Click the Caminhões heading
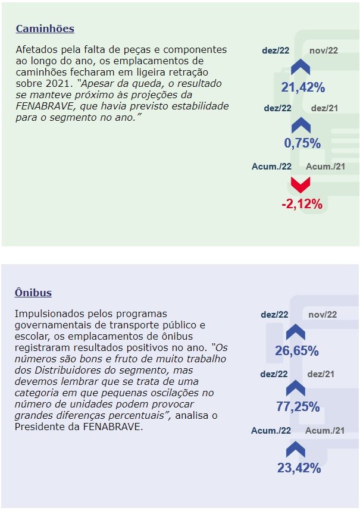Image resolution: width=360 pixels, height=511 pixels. (45, 29)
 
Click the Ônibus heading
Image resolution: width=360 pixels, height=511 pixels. (33, 293)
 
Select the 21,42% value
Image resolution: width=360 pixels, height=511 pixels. (303, 87)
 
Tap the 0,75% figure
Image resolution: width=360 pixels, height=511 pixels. (302, 143)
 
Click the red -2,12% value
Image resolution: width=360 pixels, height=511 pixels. (302, 205)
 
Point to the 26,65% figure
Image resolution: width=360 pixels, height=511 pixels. (296, 351)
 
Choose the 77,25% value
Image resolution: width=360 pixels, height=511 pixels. (298, 407)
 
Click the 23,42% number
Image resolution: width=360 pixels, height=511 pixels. (299, 468)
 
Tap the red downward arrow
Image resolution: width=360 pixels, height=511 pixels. (300, 184)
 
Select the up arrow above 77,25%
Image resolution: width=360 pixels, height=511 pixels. (296, 388)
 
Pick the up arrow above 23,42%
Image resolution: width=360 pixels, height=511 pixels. (296, 449)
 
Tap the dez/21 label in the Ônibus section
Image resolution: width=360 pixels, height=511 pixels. (321, 374)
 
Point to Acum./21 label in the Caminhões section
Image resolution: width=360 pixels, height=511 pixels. (325, 166)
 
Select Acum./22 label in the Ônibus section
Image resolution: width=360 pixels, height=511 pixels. (271, 431)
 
